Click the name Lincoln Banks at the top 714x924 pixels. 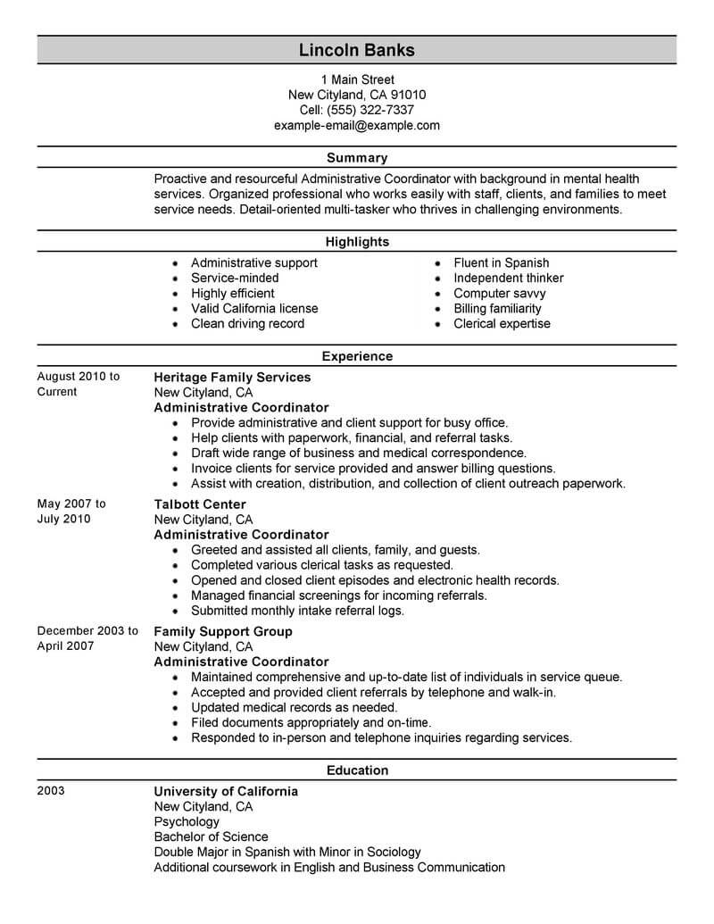(357, 50)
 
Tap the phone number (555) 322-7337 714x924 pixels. (376, 110)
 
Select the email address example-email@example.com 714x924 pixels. (357, 125)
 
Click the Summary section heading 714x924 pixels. (357, 158)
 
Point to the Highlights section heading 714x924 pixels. (357, 242)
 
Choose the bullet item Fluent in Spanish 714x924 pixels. (501, 262)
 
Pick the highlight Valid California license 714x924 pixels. (254, 308)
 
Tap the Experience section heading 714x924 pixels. (357, 356)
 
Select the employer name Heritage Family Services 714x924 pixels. (232, 377)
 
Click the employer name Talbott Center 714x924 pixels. (200, 504)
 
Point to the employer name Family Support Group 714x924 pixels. (223, 631)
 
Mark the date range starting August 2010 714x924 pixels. (78, 384)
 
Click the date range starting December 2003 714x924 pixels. (87, 638)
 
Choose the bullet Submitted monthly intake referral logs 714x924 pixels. (297, 611)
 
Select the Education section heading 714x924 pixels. (357, 770)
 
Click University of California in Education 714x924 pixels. (226, 791)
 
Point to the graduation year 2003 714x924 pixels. (52, 791)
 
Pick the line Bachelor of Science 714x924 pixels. (211, 837)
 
